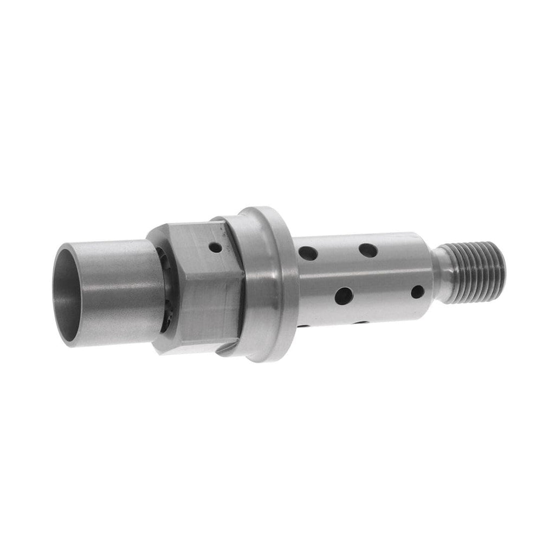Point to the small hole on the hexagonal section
tap(216, 248)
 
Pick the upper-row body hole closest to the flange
tap(308, 253)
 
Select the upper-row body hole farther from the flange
tap(368, 250)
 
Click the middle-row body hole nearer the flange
tap(343, 295)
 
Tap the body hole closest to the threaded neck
tap(417, 292)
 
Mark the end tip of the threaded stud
tap(502, 268)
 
